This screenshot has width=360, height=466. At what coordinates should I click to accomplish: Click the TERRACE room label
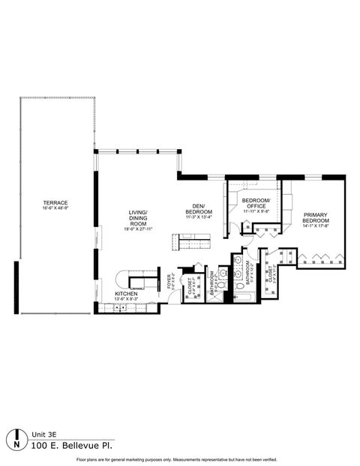[55, 203]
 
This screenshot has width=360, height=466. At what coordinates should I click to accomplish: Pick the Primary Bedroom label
[316, 217]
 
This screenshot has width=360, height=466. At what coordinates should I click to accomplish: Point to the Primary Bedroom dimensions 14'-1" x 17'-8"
[316, 228]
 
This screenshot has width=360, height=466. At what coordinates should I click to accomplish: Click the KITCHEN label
[124, 294]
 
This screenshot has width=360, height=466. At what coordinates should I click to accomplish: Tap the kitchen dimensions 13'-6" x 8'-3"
[124, 299]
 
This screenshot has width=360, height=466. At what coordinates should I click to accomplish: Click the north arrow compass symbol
[17, 439]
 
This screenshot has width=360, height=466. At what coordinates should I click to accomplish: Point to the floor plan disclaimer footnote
[179, 459]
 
